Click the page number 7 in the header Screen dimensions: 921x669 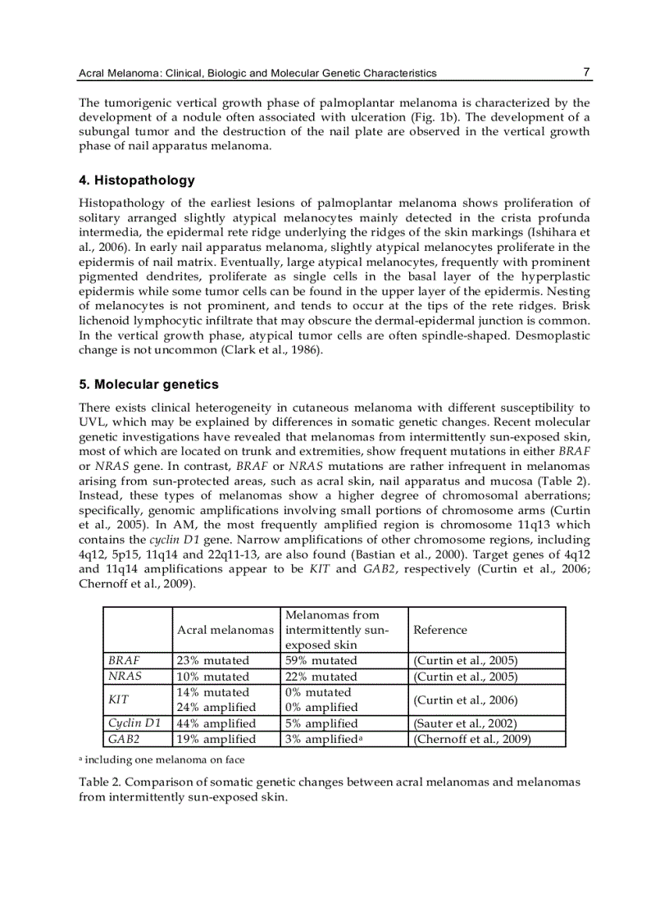pos(586,72)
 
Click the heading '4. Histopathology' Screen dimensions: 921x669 pos(136,180)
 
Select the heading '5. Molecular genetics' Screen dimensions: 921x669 pos(148,385)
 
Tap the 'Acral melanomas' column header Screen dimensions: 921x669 pos(225,630)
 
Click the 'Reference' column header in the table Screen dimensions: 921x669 pos(440,630)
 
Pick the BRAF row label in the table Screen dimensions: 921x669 pos(125,660)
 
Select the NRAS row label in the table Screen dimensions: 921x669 pos(125,677)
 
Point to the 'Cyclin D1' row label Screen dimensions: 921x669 pos(135,723)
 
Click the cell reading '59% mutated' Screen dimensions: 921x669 pos(321,660)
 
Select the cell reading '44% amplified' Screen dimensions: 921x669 pos(216,723)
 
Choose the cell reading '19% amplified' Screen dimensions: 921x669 pos(216,739)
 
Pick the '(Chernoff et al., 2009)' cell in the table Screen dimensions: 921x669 pos(472,739)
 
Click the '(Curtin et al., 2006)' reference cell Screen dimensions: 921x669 pos(465,700)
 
